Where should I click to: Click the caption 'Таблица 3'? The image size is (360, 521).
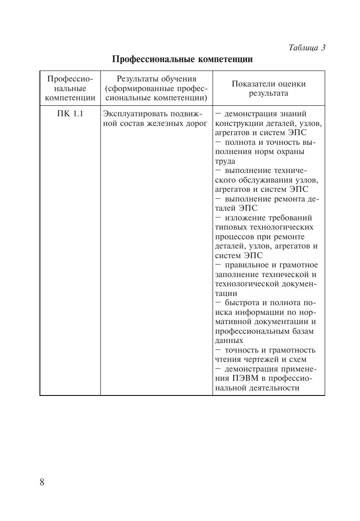point(307,47)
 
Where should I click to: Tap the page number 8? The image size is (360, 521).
point(42,482)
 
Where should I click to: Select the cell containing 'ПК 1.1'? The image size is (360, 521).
point(70,114)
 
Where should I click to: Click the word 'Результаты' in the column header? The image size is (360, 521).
point(135,79)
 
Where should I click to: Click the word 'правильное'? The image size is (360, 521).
point(247,265)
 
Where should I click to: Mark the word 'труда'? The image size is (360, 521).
point(225,161)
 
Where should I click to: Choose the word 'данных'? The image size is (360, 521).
point(229,341)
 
